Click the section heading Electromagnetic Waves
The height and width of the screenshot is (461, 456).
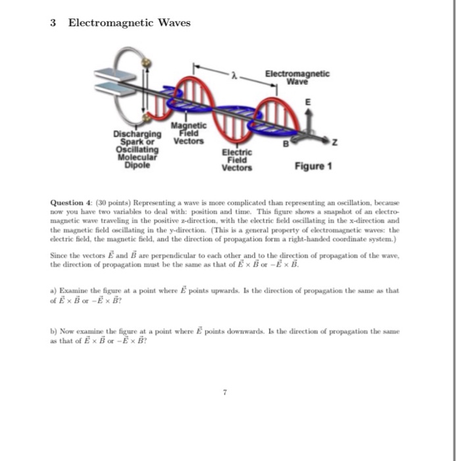tap(130, 23)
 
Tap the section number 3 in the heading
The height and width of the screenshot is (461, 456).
tap(53, 23)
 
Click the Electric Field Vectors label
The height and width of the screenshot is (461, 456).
tap(237, 159)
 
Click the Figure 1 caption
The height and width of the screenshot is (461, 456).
tap(313, 166)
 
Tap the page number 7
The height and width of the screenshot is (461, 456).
tap(225, 392)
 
